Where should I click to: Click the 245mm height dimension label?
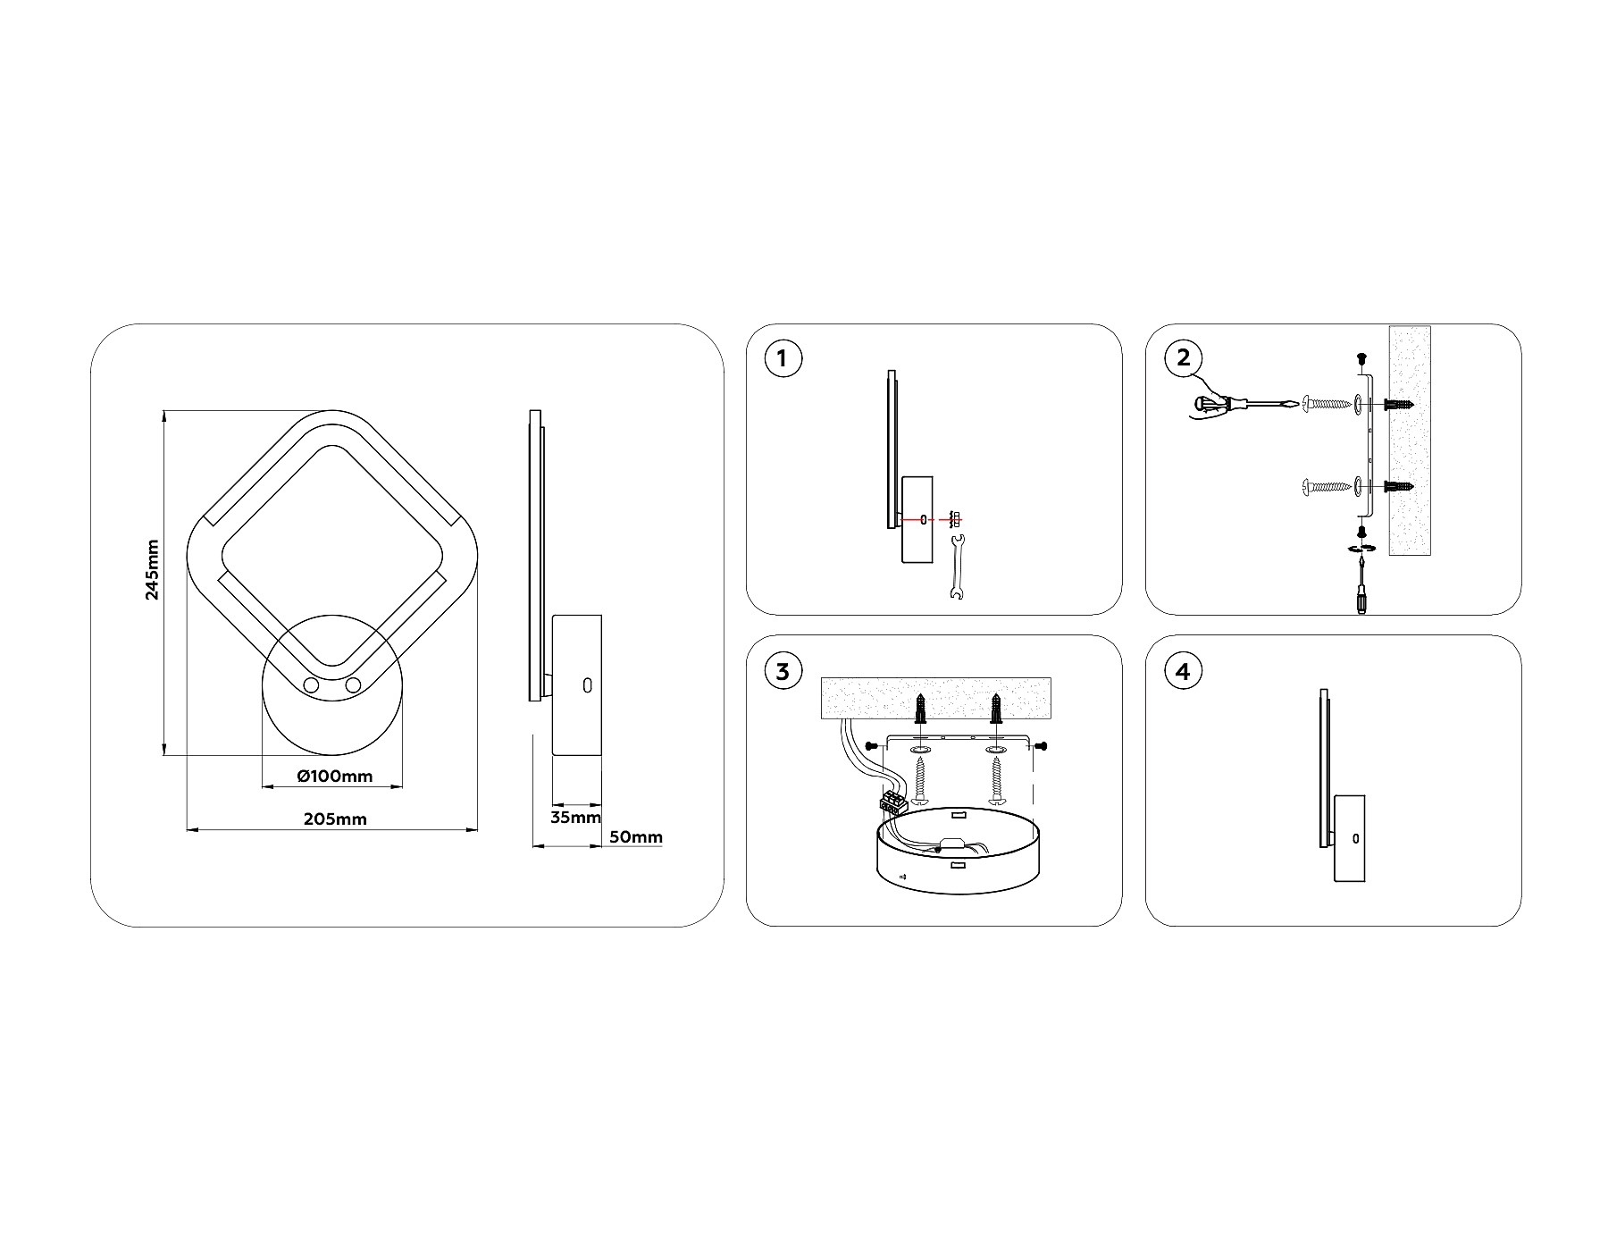pyautogui.click(x=153, y=570)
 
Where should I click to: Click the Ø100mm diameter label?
pyautogui.click(x=335, y=776)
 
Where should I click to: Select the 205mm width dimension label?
pyautogui.click(x=336, y=819)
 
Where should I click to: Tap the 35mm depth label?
pyautogui.click(x=575, y=817)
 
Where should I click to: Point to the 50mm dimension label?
pyautogui.click(x=636, y=837)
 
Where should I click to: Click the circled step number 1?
pyautogui.click(x=783, y=359)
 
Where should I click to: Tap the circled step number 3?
pyautogui.click(x=783, y=671)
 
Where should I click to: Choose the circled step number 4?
pyautogui.click(x=1184, y=671)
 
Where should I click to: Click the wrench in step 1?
pyautogui.click(x=956, y=568)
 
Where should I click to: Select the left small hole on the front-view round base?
pyautogui.click(x=311, y=685)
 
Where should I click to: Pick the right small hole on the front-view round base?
pyautogui.click(x=353, y=685)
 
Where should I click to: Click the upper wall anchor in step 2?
pyautogui.click(x=1399, y=404)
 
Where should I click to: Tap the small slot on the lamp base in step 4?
pyautogui.click(x=1356, y=838)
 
